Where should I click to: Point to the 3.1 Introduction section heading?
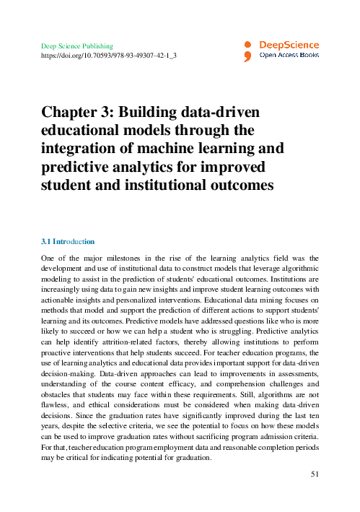69,240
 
